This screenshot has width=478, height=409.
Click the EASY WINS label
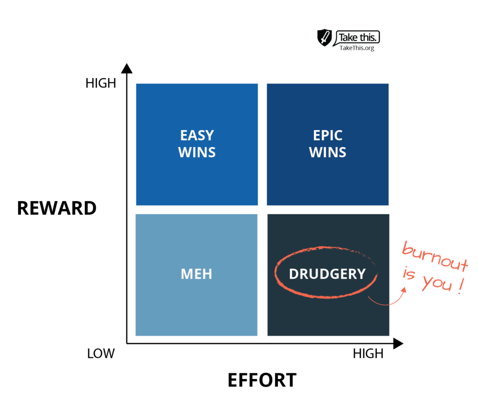197,144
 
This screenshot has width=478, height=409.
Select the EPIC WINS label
328,144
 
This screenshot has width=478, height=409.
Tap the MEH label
197,274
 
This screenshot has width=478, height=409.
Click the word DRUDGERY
327,274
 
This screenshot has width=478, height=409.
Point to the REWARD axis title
56,208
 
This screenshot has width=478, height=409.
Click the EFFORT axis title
262,380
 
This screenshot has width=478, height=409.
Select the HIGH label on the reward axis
101,83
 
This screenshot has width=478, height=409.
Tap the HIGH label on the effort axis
368,353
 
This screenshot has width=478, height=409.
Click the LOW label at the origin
101,353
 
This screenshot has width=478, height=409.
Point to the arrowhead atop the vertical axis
127,69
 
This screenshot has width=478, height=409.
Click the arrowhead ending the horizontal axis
398,344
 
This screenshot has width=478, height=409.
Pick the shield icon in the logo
324,37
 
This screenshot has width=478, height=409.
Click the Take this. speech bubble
357,38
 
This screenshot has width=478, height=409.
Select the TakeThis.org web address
357,48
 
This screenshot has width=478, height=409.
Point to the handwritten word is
409,273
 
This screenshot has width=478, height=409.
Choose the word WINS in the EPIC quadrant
328,152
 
